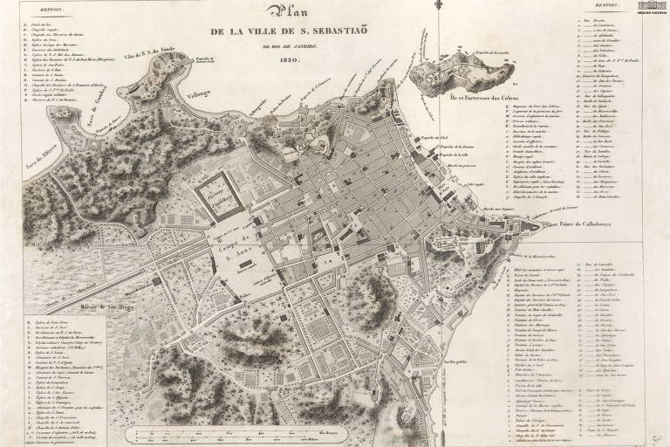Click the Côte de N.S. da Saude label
156,56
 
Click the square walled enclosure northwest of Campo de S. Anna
214,192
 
